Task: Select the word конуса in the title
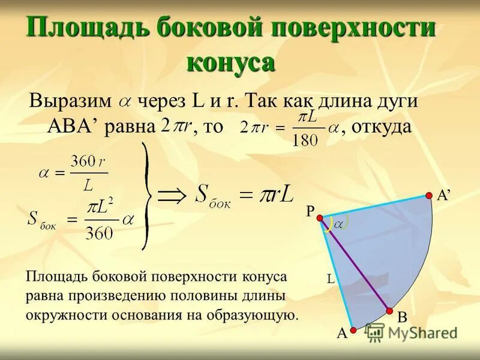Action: [x=231, y=62]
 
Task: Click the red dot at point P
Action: [x=320, y=218]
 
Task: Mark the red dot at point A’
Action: [x=429, y=195]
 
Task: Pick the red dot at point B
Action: [x=389, y=311]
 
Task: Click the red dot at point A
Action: [x=353, y=329]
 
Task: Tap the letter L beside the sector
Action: [x=330, y=278]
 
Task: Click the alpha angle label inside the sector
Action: [x=338, y=224]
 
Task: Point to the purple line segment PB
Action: [x=354, y=264]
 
